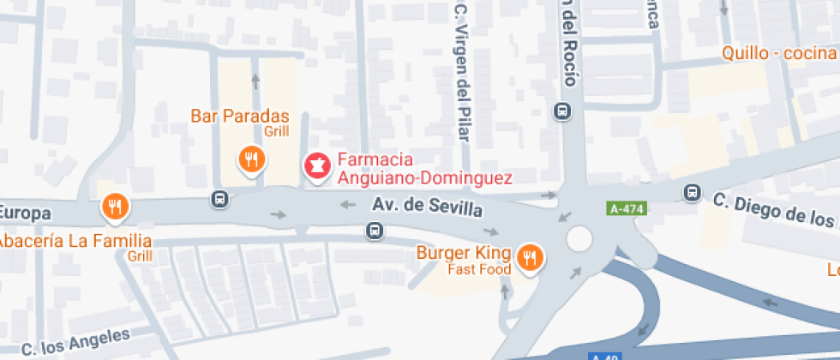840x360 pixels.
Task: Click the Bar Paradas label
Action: pyautogui.click(x=239, y=117)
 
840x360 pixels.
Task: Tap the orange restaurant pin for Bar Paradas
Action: pyautogui.click(x=251, y=159)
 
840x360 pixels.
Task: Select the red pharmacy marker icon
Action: pyautogui.click(x=316, y=166)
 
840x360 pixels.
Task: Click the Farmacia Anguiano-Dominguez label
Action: pyautogui.click(x=423, y=169)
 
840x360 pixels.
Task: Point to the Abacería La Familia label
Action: pyautogui.click(x=75, y=241)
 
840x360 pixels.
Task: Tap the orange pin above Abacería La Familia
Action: pyautogui.click(x=114, y=207)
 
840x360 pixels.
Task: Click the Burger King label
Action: pyautogui.click(x=464, y=253)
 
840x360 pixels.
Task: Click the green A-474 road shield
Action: pyautogui.click(x=627, y=208)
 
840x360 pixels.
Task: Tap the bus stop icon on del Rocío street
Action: pyautogui.click(x=563, y=111)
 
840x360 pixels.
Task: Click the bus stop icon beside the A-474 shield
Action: pyautogui.click(x=691, y=193)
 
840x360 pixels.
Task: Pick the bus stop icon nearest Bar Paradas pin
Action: pyautogui.click(x=220, y=199)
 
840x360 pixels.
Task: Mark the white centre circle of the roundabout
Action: pyautogui.click(x=579, y=237)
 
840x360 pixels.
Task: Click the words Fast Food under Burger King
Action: pyautogui.click(x=479, y=269)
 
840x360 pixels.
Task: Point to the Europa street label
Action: pyautogui.click(x=26, y=213)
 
